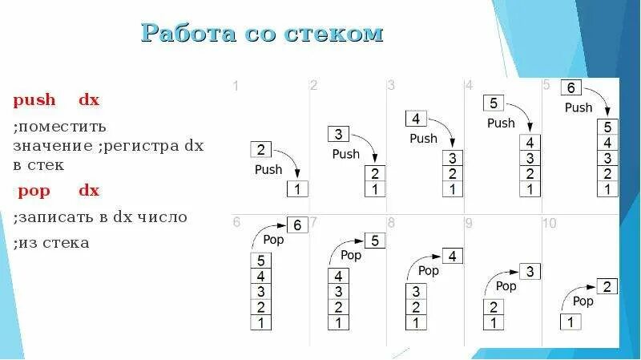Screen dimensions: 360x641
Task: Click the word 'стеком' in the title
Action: click(338, 33)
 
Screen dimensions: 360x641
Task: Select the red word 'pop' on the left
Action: click(34, 191)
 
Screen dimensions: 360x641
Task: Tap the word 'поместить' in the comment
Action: click(60, 127)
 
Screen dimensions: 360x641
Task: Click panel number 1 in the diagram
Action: click(236, 86)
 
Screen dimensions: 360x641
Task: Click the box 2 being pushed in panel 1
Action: click(261, 149)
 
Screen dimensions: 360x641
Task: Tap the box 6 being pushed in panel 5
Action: click(571, 88)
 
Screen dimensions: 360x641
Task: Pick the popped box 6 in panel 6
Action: click(296, 225)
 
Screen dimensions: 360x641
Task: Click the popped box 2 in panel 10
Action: click(608, 286)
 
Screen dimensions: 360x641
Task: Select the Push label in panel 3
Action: click(423, 139)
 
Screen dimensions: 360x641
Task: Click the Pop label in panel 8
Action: click(428, 271)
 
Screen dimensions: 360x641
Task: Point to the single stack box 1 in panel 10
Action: click(570, 322)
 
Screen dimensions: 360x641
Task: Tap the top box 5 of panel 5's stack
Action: click(607, 127)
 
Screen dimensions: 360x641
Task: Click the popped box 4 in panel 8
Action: click(452, 256)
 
